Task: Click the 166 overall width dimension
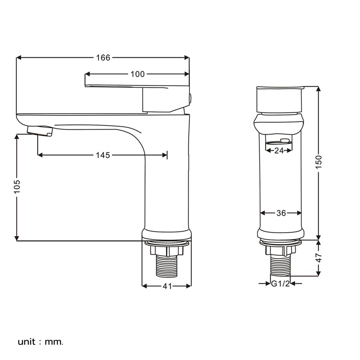click(103, 58)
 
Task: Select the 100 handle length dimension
click(138, 74)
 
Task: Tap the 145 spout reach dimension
click(103, 155)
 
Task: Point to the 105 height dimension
click(17, 186)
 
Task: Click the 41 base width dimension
click(167, 286)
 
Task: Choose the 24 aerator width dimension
click(279, 150)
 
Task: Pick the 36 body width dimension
click(281, 213)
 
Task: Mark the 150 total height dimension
click(319, 162)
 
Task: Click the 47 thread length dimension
click(319, 258)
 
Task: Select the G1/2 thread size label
click(280, 284)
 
